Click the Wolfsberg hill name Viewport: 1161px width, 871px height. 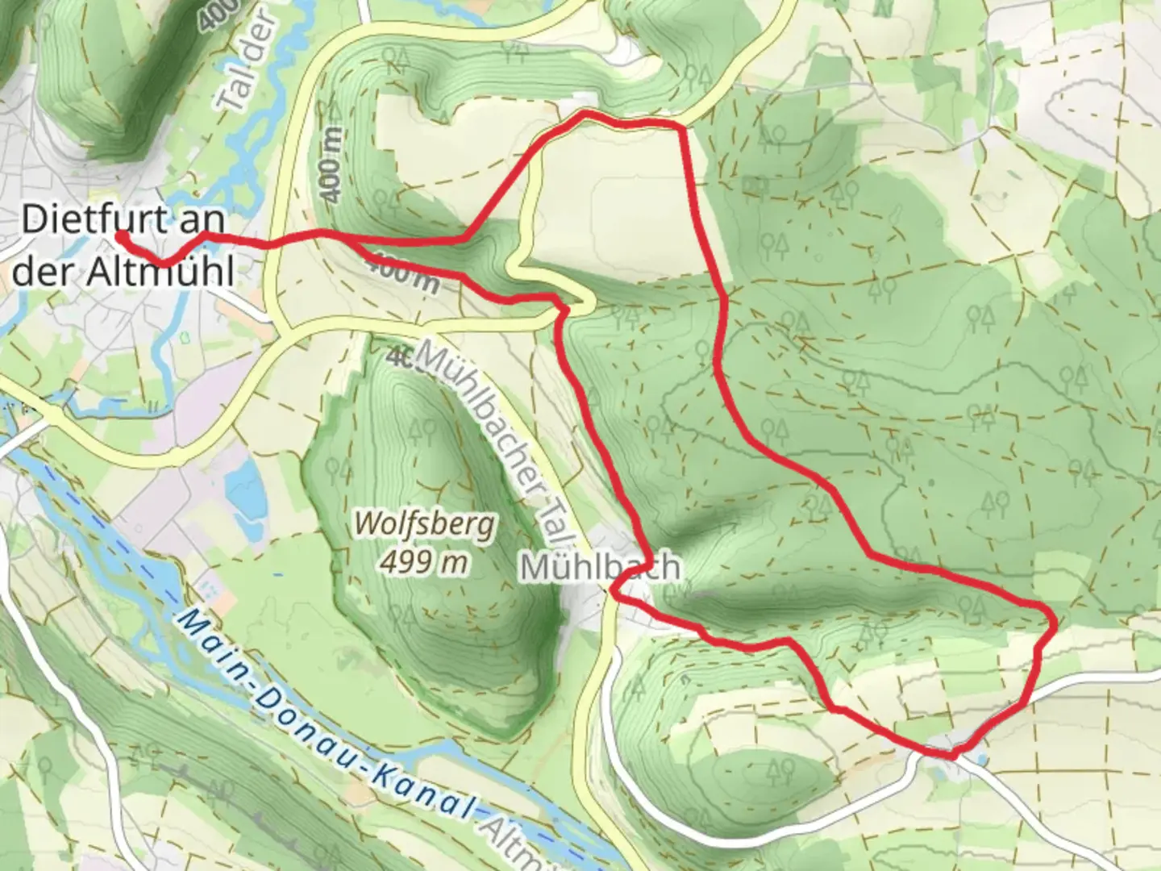point(425,525)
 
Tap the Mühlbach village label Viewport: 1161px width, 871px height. point(600,568)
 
